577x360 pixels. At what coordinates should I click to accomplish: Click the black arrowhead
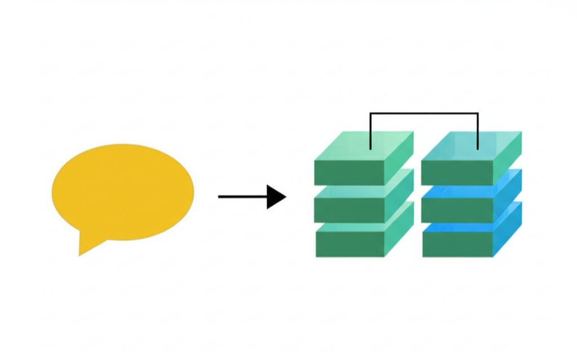(x=276, y=197)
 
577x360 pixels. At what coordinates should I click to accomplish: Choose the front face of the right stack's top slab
(x=457, y=173)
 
